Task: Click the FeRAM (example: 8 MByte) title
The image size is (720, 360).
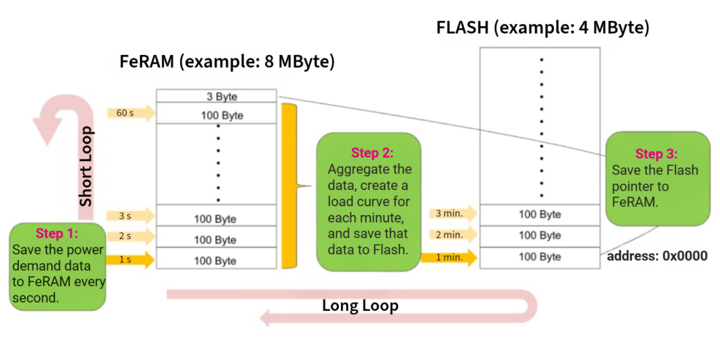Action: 226,61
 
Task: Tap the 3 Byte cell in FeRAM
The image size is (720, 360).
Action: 216,96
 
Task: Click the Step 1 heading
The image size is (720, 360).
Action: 57,233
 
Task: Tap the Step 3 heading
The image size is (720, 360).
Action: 658,153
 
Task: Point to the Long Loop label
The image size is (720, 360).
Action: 360,305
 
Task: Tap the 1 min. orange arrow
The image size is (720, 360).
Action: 450,257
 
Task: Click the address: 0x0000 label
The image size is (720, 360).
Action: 657,256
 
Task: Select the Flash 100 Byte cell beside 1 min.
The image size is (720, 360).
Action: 540,257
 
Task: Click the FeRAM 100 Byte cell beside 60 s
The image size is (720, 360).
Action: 216,115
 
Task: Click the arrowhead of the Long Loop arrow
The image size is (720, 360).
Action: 267,319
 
